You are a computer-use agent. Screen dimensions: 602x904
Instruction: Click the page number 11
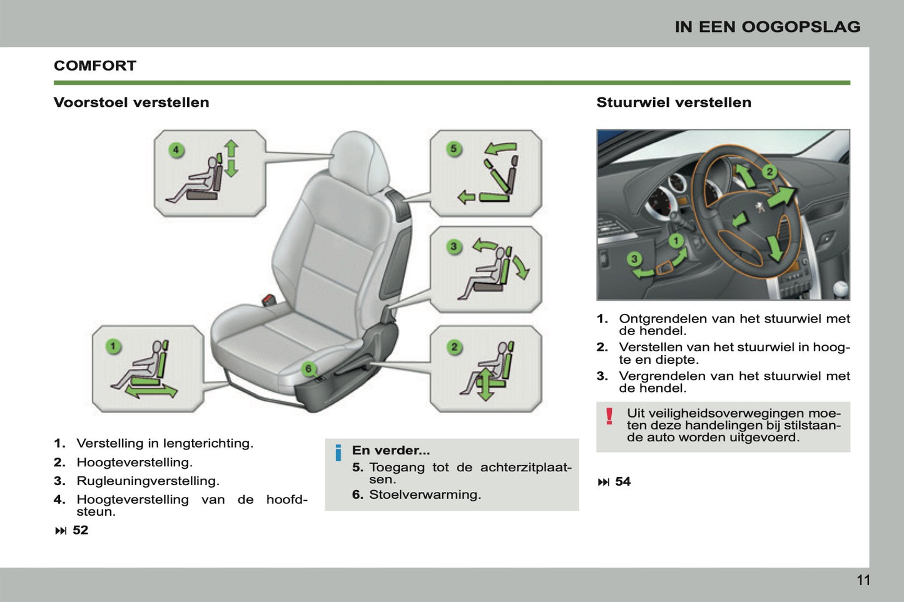[863, 580]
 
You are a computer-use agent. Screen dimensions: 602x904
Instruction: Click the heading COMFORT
[95, 66]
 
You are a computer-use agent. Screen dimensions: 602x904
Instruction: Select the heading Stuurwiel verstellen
[673, 103]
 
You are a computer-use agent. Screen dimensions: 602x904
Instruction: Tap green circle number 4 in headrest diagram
[176, 150]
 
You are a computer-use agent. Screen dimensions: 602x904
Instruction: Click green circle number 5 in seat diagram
[454, 149]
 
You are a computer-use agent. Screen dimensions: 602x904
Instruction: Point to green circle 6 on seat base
[308, 369]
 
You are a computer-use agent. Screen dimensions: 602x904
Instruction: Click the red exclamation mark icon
[609, 416]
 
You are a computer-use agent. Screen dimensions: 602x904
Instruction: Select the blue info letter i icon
[338, 453]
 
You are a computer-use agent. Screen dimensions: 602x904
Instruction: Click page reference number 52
[80, 530]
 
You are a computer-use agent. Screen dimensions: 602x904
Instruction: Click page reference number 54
[622, 481]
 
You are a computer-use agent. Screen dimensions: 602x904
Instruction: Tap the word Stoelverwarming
[424, 494]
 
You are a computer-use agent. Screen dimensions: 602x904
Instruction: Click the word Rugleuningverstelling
[148, 481]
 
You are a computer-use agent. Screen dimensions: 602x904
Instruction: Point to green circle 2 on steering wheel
[769, 171]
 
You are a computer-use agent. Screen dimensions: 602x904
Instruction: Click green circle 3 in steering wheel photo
[634, 259]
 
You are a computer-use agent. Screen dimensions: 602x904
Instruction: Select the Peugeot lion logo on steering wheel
[759, 208]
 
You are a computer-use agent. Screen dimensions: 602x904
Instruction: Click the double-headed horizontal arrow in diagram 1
[151, 391]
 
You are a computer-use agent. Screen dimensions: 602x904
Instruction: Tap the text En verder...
[390, 450]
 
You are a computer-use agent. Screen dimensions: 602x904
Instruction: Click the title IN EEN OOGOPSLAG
[767, 27]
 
